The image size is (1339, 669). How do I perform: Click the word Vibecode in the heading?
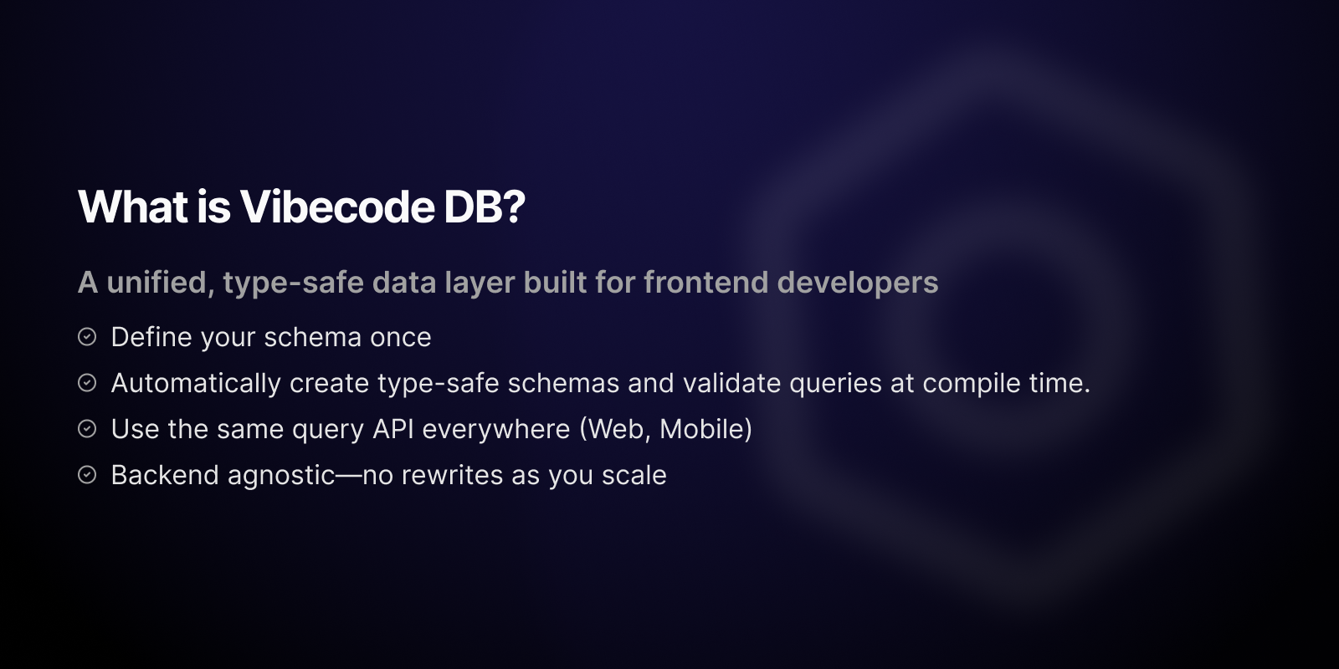click(x=337, y=207)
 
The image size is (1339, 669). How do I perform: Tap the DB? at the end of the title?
click(x=484, y=207)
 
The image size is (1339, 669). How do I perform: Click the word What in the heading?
click(x=132, y=207)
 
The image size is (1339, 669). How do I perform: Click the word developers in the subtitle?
click(x=858, y=283)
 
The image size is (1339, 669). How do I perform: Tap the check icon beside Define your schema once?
click(x=87, y=337)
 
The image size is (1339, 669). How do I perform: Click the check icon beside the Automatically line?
click(x=87, y=383)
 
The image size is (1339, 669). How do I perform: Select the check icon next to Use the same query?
click(x=87, y=429)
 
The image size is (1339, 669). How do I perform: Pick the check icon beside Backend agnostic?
click(x=87, y=475)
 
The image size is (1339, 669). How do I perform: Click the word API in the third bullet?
click(x=393, y=429)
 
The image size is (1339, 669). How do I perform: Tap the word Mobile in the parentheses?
click(x=702, y=429)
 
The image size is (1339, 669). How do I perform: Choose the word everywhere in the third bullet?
click(x=496, y=429)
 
